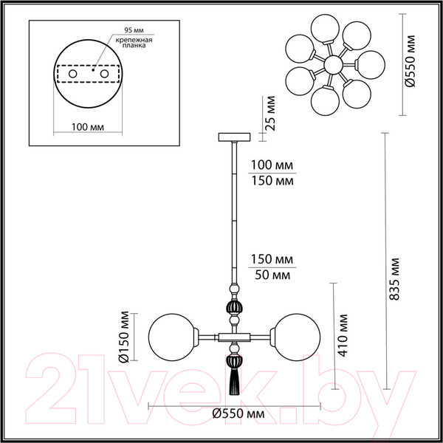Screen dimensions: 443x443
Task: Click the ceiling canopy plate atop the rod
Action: tap(235, 137)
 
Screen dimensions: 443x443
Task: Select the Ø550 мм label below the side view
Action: tap(234, 414)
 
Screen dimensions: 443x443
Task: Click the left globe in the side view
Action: tap(171, 337)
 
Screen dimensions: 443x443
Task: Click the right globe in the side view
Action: tap(298, 337)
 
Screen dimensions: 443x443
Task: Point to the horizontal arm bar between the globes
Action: tap(235, 337)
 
